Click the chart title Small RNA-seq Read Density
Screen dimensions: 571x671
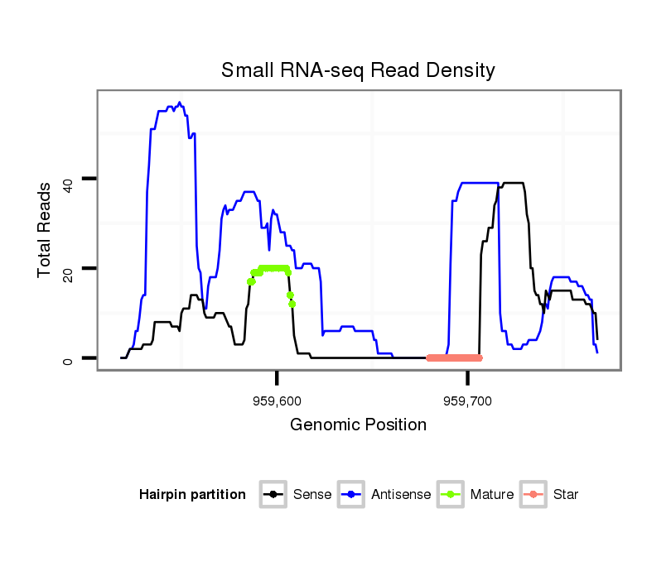pyautogui.click(x=358, y=70)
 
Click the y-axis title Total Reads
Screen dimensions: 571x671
pyautogui.click(x=46, y=230)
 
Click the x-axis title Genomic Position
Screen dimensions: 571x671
pyautogui.click(x=358, y=425)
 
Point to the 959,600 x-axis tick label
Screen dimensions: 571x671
pyautogui.click(x=278, y=401)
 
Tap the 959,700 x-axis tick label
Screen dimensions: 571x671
pyautogui.click(x=468, y=401)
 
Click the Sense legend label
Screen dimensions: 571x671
pyautogui.click(x=312, y=495)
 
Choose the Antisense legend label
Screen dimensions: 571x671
pyautogui.click(x=401, y=495)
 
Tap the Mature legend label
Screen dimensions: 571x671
pyautogui.click(x=492, y=495)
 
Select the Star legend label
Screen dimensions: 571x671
pyautogui.click(x=565, y=495)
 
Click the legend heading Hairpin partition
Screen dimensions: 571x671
pyautogui.click(x=192, y=495)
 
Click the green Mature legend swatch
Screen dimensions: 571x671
pyautogui.click(x=451, y=495)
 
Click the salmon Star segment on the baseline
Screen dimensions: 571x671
pyautogui.click(x=454, y=357)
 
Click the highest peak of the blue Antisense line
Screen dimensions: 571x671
pyautogui.click(x=180, y=103)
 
